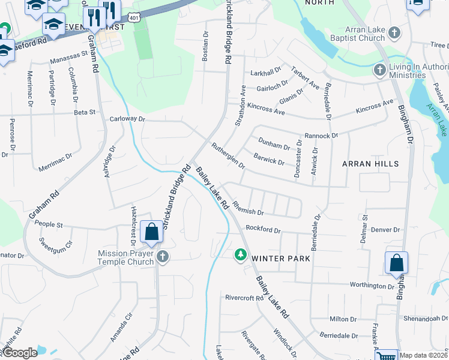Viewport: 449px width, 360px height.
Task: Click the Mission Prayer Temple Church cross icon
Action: (x=162, y=257)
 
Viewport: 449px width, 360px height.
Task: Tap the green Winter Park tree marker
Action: (x=241, y=255)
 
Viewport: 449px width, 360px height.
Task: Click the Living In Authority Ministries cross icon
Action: (x=379, y=71)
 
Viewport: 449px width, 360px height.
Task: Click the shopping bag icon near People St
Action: (x=151, y=232)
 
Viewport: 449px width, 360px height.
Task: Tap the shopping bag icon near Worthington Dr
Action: (x=396, y=262)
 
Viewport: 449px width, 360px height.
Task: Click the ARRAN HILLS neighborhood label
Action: (x=370, y=163)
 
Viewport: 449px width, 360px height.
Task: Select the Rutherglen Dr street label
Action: (x=228, y=155)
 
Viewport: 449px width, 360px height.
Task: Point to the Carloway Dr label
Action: (x=127, y=119)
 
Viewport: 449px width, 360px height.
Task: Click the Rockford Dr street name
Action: (x=264, y=229)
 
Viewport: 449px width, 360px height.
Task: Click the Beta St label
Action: (x=85, y=112)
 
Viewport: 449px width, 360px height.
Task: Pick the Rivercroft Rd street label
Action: (x=244, y=298)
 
